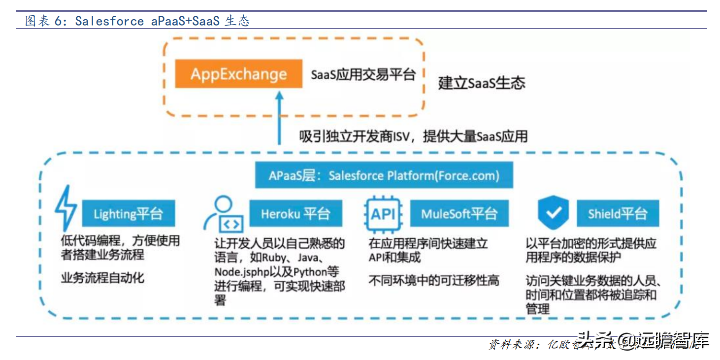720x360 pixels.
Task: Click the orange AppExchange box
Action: tap(239, 74)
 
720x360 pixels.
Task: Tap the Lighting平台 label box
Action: tap(128, 214)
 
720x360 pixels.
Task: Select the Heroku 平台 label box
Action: tap(295, 213)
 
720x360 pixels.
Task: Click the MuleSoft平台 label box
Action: tap(459, 213)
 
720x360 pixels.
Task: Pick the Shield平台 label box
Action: tap(617, 213)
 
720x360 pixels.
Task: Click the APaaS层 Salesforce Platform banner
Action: tap(384, 175)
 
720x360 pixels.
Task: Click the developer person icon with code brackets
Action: tap(227, 214)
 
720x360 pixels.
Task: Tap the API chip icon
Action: tap(383, 214)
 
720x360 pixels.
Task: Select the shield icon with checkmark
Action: tap(553, 213)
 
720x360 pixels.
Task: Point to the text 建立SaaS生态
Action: tap(482, 83)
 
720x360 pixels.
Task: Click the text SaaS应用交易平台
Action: tap(363, 75)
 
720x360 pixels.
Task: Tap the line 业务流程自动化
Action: tap(102, 278)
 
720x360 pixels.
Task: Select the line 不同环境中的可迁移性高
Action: tap(434, 280)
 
